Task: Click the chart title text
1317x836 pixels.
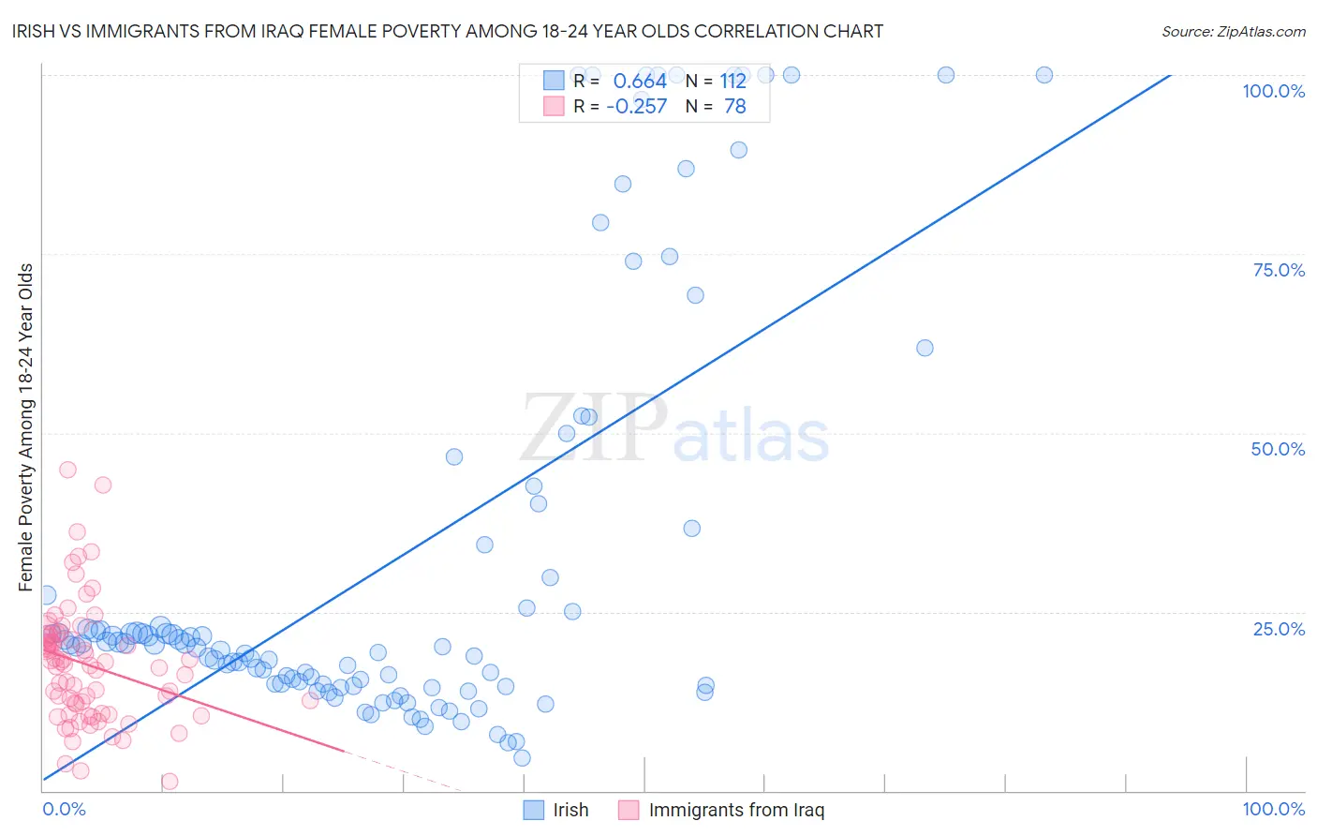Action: coord(448,32)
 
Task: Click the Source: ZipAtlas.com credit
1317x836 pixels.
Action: coord(1233,32)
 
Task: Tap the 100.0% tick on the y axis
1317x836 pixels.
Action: coord(1273,91)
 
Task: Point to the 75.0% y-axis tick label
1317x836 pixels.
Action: coord(1279,270)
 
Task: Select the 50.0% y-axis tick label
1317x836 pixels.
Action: coord(1278,449)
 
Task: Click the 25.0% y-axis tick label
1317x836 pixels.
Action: coord(1279,629)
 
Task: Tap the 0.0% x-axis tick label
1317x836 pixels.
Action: coord(64,809)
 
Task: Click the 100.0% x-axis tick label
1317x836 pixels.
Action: coord(1273,809)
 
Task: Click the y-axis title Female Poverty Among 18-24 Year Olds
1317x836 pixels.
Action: coord(26,427)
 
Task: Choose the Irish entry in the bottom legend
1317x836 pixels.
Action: coord(570,810)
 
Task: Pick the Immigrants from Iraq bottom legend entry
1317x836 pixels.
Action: coord(736,810)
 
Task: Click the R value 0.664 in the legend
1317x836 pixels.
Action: coord(640,82)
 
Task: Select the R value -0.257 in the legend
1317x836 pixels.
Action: coord(637,107)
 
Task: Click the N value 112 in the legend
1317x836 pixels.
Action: coord(733,82)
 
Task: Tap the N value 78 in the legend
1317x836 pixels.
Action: coord(735,107)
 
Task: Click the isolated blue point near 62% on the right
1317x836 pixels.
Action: coord(925,348)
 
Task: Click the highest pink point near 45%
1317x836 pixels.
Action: coord(67,470)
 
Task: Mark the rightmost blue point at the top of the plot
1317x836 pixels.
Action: coord(1043,75)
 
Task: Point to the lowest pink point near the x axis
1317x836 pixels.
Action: coord(170,781)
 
